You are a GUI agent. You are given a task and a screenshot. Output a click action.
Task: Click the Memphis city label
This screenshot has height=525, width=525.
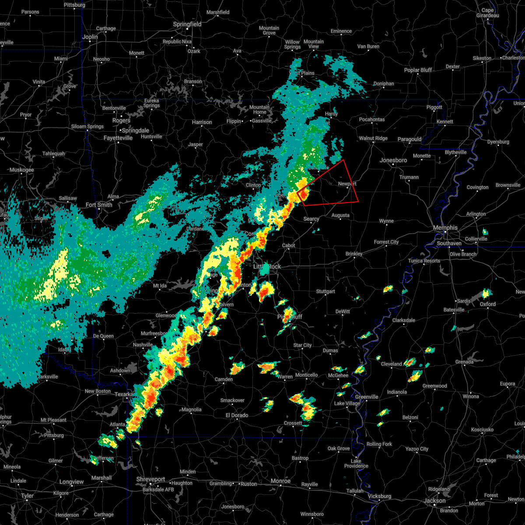[x=445, y=228]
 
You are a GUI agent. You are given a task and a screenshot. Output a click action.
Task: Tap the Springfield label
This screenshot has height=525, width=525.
[x=187, y=24]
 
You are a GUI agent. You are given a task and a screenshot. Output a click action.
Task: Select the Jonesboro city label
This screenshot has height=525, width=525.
[x=393, y=161]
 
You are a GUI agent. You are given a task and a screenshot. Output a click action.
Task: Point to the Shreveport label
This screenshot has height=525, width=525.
[x=150, y=479]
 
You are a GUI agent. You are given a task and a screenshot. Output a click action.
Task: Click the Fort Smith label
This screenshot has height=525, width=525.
[x=99, y=205]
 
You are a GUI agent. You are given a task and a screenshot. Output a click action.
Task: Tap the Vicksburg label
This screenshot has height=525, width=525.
[x=379, y=496]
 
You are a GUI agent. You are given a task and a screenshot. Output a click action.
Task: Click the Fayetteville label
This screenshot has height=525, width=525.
[x=118, y=138]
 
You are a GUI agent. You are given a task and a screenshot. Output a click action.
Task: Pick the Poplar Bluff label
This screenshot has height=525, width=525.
[x=418, y=70]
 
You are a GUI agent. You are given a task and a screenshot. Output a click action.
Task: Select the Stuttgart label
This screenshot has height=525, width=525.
[x=325, y=292]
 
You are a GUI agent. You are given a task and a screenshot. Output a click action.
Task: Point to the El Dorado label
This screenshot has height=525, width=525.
[x=237, y=415]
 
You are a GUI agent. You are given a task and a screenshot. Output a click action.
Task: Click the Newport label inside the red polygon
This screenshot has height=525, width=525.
[x=347, y=184]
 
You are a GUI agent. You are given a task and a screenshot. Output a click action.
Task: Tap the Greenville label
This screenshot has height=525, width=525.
[x=367, y=397]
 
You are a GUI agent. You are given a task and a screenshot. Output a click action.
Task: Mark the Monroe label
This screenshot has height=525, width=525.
[x=280, y=481]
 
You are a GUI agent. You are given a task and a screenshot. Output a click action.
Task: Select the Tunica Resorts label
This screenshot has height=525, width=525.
[x=424, y=261]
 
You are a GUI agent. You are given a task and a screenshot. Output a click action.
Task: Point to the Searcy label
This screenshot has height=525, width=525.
[x=311, y=219]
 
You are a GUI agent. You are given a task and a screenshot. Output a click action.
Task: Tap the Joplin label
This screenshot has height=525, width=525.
[x=90, y=37]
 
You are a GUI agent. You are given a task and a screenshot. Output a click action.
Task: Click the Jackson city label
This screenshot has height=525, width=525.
[x=435, y=501]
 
